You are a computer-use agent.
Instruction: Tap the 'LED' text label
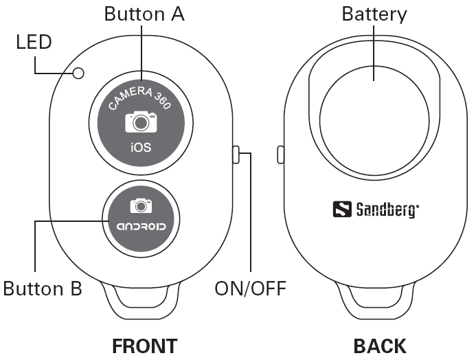tap(34, 43)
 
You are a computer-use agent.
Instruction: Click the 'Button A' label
tap(144, 14)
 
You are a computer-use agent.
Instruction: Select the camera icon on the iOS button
tap(141, 122)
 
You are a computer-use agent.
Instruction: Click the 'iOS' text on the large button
tap(141, 147)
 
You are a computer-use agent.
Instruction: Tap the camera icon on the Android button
tap(141, 205)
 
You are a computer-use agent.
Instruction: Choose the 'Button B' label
tap(42, 289)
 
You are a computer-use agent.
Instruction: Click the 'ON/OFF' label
tap(250, 289)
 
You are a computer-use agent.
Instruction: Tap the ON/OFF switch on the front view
tap(236, 155)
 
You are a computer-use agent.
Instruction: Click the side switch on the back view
tap(280, 155)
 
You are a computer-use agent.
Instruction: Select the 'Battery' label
tap(374, 14)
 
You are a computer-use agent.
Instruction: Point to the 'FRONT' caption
tap(144, 346)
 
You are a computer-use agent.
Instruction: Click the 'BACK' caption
tap(379, 346)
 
